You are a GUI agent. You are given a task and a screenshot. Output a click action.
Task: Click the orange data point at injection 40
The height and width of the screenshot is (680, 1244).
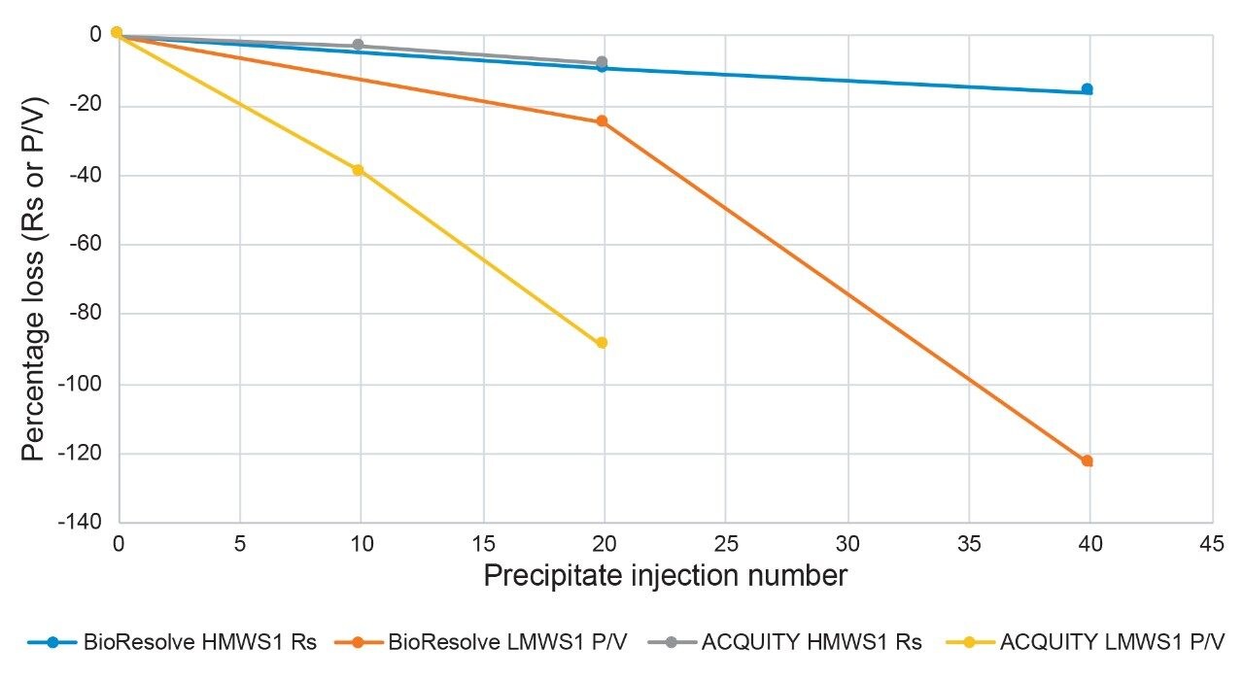point(1088,460)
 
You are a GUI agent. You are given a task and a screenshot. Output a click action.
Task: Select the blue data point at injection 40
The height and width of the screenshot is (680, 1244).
point(1088,89)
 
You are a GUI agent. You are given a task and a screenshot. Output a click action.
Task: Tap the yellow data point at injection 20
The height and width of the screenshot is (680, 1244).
point(602,343)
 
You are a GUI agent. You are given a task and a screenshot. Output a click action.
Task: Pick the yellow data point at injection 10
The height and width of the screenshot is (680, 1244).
point(358,170)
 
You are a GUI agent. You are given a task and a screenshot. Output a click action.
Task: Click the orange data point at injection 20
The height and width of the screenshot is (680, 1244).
point(602,121)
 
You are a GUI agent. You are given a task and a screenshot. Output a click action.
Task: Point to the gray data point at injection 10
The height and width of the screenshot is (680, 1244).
point(358,46)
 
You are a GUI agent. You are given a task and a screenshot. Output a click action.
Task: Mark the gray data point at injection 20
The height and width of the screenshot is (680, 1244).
point(602,62)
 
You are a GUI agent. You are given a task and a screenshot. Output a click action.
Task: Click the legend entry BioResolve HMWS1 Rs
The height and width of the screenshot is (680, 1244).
point(171,642)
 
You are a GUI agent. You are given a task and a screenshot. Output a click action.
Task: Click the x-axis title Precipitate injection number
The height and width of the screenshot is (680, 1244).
point(665,576)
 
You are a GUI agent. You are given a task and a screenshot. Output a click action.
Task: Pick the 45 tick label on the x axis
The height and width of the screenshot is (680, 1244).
point(1212,543)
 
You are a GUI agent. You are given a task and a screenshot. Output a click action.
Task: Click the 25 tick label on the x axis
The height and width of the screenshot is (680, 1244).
point(725,543)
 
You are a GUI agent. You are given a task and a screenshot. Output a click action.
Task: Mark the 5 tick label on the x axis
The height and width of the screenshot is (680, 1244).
point(240,543)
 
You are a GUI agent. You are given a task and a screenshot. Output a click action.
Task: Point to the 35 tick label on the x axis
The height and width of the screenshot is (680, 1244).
point(968,543)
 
